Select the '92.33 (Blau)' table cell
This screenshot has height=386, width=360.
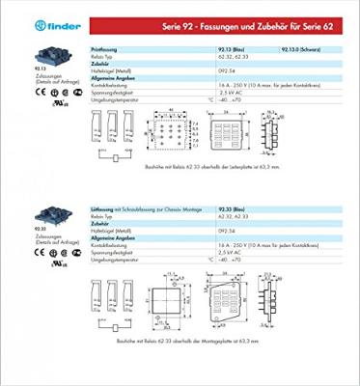pos(233,196)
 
